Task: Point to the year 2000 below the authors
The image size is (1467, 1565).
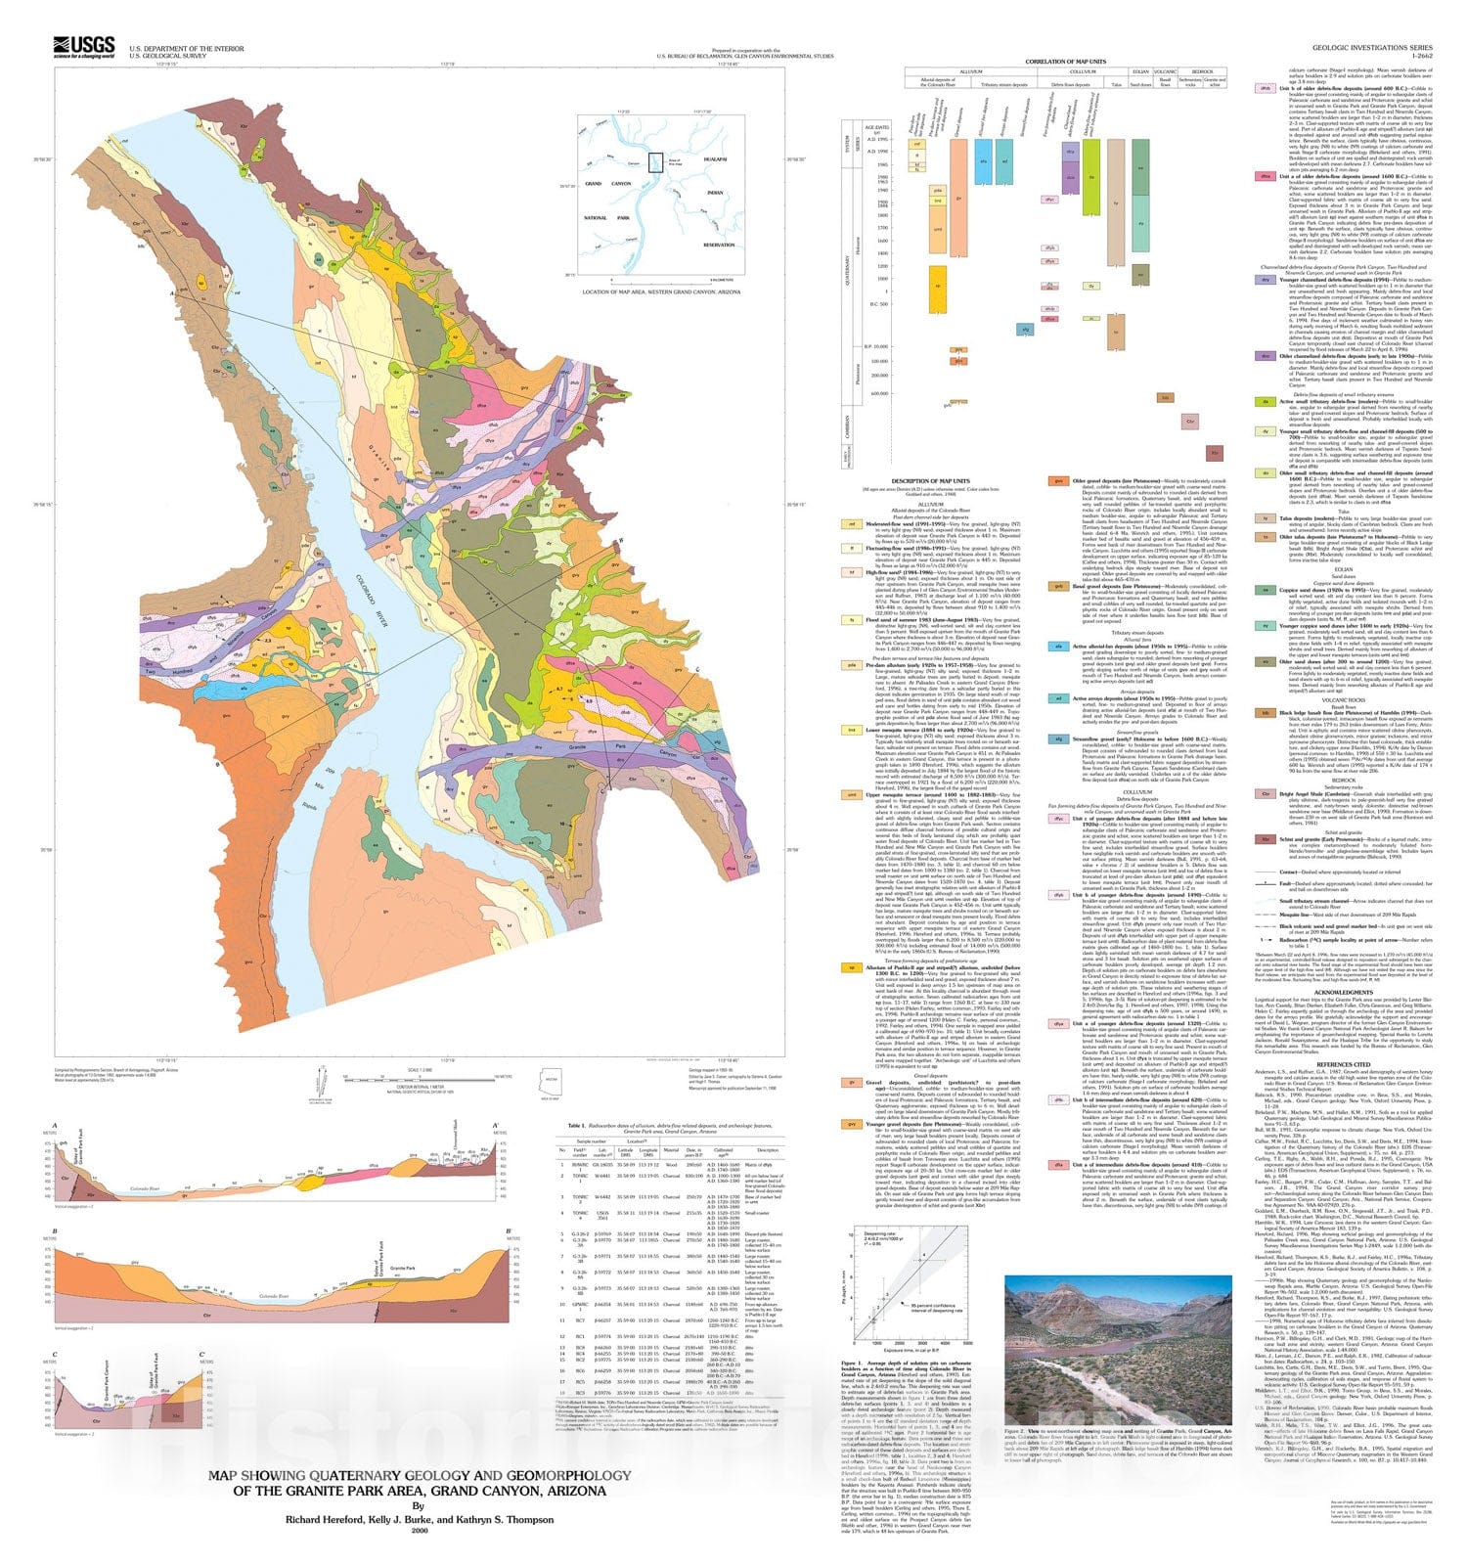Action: tap(420, 1532)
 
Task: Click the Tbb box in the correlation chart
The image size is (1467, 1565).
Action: tap(1165, 397)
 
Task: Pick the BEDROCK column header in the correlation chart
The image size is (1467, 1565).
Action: tap(1202, 70)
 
